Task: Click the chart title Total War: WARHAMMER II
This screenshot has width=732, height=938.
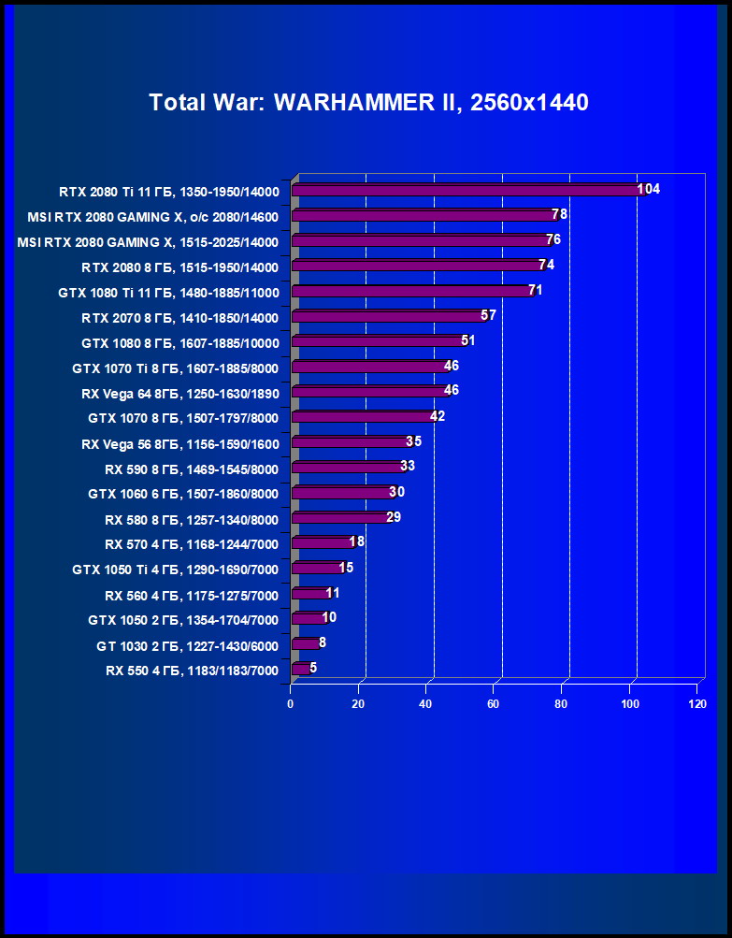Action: pos(368,103)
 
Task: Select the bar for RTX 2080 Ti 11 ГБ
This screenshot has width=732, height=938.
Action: pos(467,191)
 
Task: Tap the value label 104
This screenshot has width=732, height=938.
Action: pos(649,189)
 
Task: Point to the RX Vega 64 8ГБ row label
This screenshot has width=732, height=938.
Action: pos(179,393)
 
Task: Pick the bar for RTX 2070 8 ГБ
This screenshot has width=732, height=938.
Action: pos(388,317)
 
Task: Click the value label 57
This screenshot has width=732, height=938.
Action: pos(488,315)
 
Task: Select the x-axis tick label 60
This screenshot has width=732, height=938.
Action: pos(494,704)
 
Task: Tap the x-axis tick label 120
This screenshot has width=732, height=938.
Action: pos(696,704)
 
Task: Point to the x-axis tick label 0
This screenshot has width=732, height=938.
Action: pos(291,704)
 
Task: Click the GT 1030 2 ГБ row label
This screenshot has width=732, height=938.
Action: pos(187,645)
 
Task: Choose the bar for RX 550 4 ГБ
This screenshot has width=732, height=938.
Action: pos(301,669)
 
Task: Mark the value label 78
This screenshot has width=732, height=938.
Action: pos(560,214)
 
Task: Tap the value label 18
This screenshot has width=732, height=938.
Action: pos(356,541)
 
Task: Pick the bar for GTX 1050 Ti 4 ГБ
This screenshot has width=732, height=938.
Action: pos(318,569)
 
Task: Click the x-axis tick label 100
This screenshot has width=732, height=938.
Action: pos(629,704)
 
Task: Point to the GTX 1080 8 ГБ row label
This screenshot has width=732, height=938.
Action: pos(179,342)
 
